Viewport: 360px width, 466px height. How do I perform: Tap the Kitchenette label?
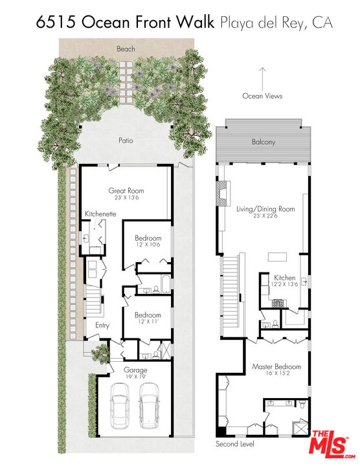[100, 214]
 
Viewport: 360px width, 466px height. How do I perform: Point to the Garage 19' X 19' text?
[135, 373]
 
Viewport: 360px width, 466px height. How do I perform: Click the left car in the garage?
[119, 405]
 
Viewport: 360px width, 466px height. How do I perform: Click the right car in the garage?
[150, 405]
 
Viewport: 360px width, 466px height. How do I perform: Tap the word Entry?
[102, 326]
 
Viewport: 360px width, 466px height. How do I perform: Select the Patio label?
[126, 140]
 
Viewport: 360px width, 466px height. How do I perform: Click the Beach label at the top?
[126, 49]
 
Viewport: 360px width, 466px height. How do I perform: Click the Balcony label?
[264, 142]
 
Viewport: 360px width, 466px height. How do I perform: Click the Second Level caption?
[235, 445]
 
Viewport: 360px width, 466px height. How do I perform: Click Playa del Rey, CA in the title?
[276, 24]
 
